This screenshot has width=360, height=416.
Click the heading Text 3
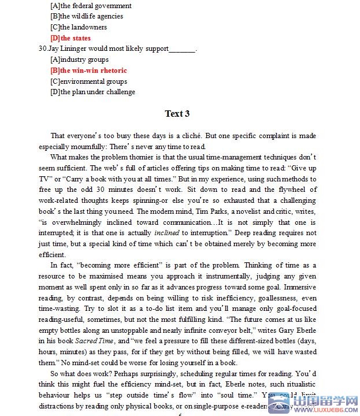point(177,113)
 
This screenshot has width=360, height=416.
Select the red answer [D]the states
point(70,38)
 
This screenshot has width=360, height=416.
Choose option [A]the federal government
point(91,6)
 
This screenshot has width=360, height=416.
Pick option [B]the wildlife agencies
point(87,16)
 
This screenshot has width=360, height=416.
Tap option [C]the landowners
point(79,27)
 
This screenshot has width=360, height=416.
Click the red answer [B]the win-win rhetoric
point(88,70)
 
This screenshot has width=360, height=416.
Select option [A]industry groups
point(80,60)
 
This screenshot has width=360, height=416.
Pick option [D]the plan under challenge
point(93,92)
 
